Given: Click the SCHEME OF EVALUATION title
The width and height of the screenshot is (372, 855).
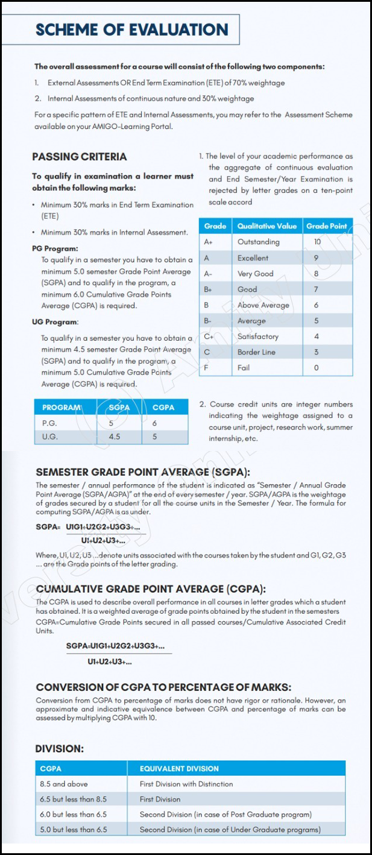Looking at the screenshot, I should point(132,30).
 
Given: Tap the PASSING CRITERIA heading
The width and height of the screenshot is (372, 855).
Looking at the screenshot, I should point(79,157).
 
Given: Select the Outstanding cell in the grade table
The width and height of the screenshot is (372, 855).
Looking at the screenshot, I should point(258,242).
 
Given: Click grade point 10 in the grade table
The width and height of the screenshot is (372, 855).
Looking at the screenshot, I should point(317,242).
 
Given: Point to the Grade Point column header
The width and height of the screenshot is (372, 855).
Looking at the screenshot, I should point(326,226).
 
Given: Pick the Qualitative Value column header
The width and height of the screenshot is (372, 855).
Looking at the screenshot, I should point(266,226).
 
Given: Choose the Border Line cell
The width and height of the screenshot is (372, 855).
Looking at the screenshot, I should point(256,352).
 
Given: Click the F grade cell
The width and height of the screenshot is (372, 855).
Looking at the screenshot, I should point(206,367).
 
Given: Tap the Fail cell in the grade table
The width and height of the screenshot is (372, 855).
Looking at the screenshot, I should point(244,367).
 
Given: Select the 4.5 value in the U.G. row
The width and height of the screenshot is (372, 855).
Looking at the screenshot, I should point(115,436).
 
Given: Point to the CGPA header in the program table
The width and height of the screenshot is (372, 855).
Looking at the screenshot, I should point(163,408).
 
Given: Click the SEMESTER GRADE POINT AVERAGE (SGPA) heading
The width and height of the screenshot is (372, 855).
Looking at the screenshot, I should point(142,472).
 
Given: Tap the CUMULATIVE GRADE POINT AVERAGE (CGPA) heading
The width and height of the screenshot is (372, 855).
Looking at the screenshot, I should point(151,589).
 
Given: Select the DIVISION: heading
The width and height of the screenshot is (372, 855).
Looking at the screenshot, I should point(59,749).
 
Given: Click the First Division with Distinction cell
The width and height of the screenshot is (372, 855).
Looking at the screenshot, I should point(186,784).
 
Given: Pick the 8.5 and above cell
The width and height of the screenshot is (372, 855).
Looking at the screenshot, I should point(63,784).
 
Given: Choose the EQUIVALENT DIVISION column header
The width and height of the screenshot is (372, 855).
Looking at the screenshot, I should point(179,769).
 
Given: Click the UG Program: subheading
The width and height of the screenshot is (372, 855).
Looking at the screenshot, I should point(55,322).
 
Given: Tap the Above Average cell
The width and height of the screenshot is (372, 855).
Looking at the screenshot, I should point(263,305).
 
